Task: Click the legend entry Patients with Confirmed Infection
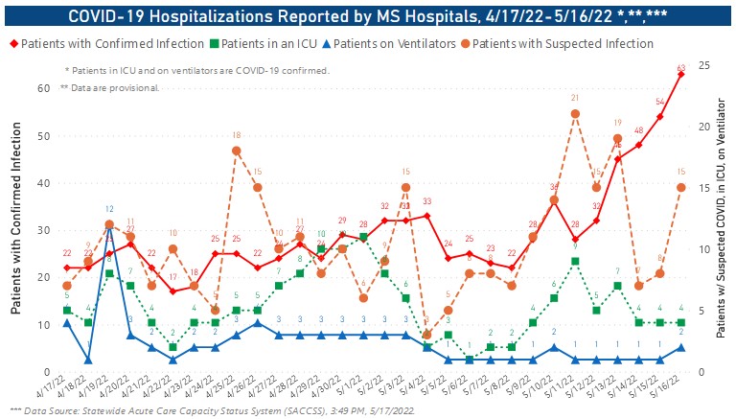[x=106, y=44]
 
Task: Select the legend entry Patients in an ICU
[x=279, y=44]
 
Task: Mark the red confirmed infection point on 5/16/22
[x=681, y=75]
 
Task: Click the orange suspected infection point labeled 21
[x=575, y=114]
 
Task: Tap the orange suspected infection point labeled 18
[x=236, y=151]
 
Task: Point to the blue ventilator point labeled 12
[x=109, y=224]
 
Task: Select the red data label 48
[x=638, y=130]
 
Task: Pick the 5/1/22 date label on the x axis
[x=349, y=388]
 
